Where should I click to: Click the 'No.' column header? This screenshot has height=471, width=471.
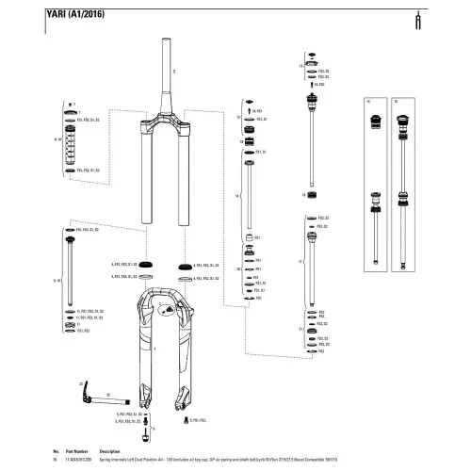(57, 451)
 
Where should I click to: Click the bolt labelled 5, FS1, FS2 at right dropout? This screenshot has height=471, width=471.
(182, 417)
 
